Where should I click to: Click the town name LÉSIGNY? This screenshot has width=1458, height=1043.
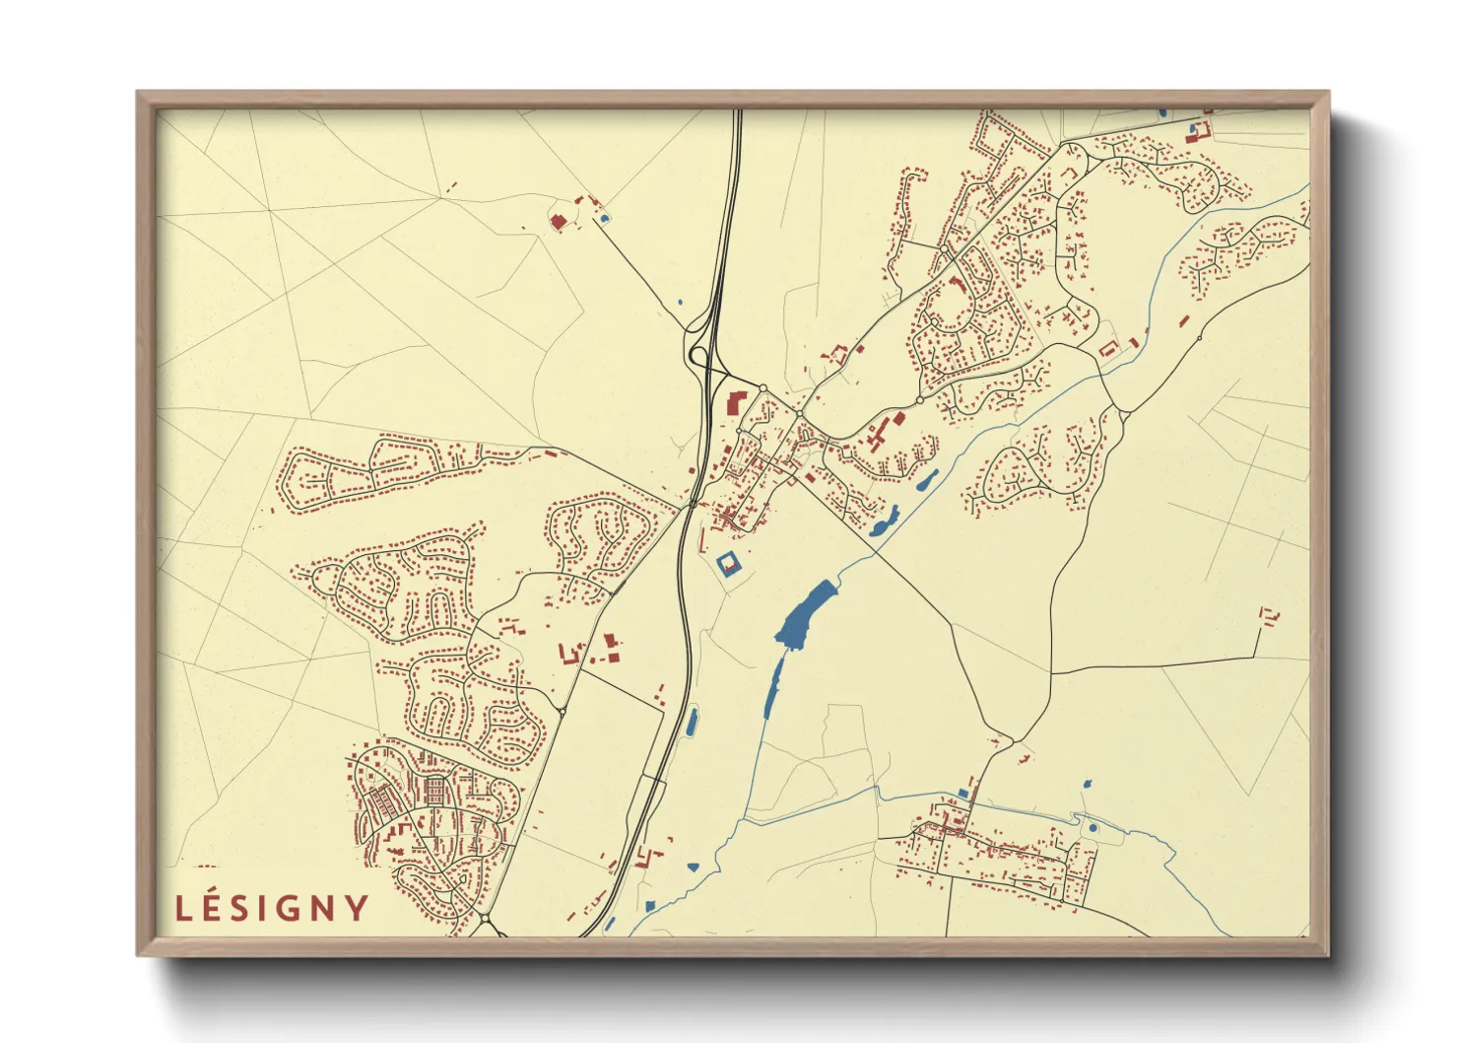(x=272, y=908)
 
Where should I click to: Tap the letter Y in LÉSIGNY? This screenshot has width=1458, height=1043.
(x=357, y=908)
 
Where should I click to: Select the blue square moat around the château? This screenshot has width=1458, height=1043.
(x=728, y=565)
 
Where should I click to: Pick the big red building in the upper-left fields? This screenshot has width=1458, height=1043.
(x=558, y=222)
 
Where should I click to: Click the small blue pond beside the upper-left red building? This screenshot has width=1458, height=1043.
(x=604, y=218)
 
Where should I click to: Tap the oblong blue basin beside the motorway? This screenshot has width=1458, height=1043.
(x=692, y=722)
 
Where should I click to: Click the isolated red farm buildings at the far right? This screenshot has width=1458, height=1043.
(x=1270, y=616)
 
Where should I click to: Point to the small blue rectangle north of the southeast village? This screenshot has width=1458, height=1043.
(x=962, y=793)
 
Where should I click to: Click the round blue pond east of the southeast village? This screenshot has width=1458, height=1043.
(x=1093, y=828)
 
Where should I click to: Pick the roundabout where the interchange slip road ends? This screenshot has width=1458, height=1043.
(x=762, y=387)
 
